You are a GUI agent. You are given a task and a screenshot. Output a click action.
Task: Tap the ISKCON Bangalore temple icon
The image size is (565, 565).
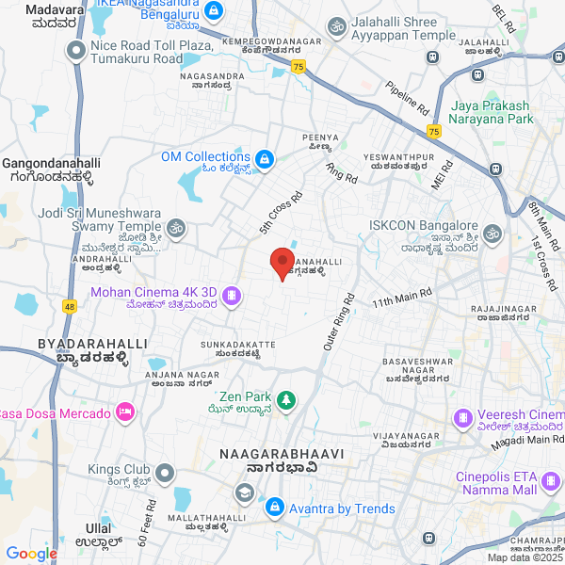click(491, 232)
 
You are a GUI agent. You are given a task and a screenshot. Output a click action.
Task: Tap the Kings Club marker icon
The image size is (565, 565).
click(165, 472)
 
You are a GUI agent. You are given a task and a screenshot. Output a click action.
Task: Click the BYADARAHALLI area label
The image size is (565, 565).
click(92, 345)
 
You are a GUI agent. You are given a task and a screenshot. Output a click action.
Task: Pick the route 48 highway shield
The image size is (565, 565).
click(69, 306)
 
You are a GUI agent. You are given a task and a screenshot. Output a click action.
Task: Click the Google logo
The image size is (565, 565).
click(31, 554)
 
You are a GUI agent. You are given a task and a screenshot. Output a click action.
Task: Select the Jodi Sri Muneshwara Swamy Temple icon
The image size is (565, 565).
click(175, 228)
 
